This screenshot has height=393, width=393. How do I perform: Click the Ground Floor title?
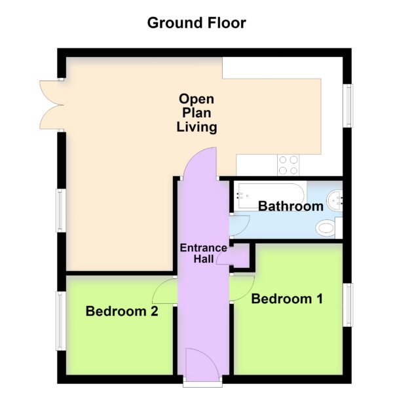196,23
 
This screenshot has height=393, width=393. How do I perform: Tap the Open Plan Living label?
196,113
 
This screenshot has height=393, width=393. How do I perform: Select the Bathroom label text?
291,206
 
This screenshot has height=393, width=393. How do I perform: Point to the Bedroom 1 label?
287,299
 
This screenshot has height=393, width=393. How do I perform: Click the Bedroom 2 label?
122,311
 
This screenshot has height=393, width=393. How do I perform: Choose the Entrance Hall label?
204,253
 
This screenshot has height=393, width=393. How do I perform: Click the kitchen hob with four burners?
288,165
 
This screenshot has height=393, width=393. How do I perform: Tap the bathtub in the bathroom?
271,196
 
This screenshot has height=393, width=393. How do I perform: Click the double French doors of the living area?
52,105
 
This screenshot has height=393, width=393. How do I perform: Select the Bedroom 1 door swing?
242,288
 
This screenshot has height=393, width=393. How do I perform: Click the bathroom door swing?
240,226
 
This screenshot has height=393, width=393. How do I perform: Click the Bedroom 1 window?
348,305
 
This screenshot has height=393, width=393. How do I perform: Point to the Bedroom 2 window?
60,321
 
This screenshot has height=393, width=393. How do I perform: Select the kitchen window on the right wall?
348,105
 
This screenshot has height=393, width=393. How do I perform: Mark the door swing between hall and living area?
200,164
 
